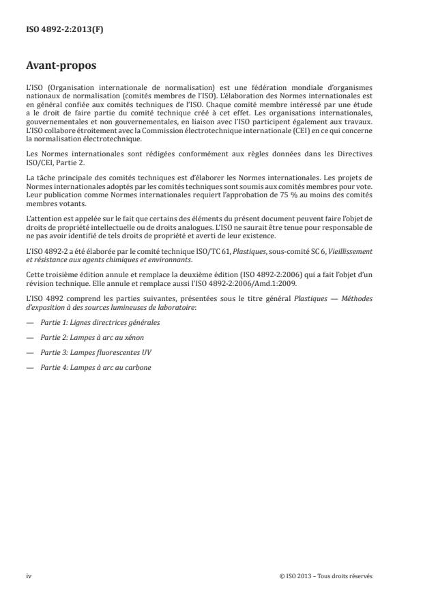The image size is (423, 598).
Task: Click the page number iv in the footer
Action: [x=29, y=575]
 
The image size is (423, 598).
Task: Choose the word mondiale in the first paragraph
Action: [x=297, y=89]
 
